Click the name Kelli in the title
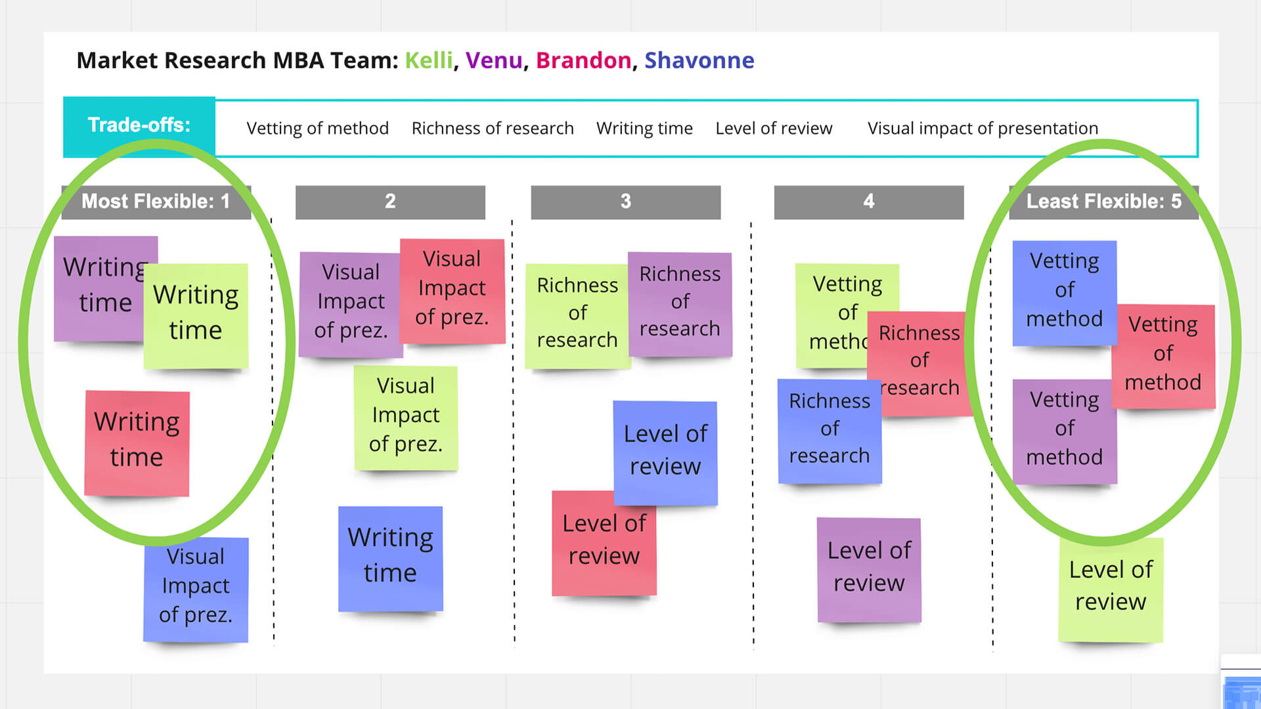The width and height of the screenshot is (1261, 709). pyautogui.click(x=428, y=60)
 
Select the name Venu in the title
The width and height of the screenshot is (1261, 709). pyautogui.click(x=494, y=60)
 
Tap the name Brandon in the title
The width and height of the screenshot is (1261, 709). pyautogui.click(x=583, y=60)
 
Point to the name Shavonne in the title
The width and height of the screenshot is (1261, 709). pyautogui.click(x=699, y=60)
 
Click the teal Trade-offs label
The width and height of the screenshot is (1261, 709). pyautogui.click(x=139, y=125)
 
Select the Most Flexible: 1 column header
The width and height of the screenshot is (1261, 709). pyautogui.click(x=156, y=202)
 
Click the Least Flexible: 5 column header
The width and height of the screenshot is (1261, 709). pyautogui.click(x=1103, y=202)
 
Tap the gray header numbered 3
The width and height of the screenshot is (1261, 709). pyautogui.click(x=625, y=202)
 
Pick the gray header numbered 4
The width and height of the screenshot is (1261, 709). pyautogui.click(x=868, y=202)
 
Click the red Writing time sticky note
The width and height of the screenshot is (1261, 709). pyautogui.click(x=137, y=443)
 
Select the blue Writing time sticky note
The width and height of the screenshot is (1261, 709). pyautogui.click(x=390, y=558)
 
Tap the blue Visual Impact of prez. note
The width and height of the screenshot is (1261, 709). pyautogui.click(x=196, y=589)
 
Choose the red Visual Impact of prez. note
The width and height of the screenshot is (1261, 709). pyautogui.click(x=452, y=290)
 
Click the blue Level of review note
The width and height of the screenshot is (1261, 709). pyautogui.click(x=665, y=452)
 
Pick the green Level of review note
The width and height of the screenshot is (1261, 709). pyautogui.click(x=1110, y=588)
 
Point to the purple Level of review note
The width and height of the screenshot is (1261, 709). pyautogui.click(x=868, y=569)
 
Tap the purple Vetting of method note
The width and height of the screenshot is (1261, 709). pyautogui.click(x=1064, y=431)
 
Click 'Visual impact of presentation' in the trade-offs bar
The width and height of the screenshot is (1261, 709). pyautogui.click(x=983, y=128)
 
